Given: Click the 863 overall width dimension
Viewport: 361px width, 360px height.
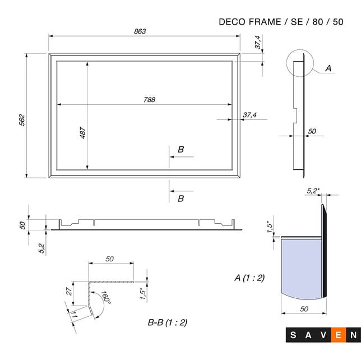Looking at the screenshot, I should pyautogui.click(x=140, y=31).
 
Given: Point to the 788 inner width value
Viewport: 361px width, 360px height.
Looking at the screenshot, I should pyautogui.click(x=149, y=100).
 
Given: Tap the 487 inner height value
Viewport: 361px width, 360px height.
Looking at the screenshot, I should pyautogui.click(x=82, y=133).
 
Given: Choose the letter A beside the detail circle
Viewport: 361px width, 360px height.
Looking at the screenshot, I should pyautogui.click(x=328, y=68).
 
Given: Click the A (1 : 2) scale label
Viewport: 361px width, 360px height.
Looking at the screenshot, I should pyautogui.click(x=249, y=278).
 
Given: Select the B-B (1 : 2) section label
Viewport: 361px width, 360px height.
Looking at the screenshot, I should pyautogui.click(x=167, y=322).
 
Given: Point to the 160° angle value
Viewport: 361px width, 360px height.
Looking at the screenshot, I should pyautogui.click(x=105, y=298).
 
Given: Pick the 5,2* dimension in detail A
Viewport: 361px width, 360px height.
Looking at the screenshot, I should pyautogui.click(x=313, y=191).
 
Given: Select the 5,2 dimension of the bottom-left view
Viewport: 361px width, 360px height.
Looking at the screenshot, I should pyautogui.click(x=42, y=248).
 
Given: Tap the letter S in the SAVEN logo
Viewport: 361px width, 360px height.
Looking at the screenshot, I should pyautogui.click(x=294, y=335).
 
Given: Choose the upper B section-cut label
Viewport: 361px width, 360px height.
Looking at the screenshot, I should pyautogui.click(x=180, y=149).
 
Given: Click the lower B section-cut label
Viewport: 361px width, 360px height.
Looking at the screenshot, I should pyautogui.click(x=180, y=199).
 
